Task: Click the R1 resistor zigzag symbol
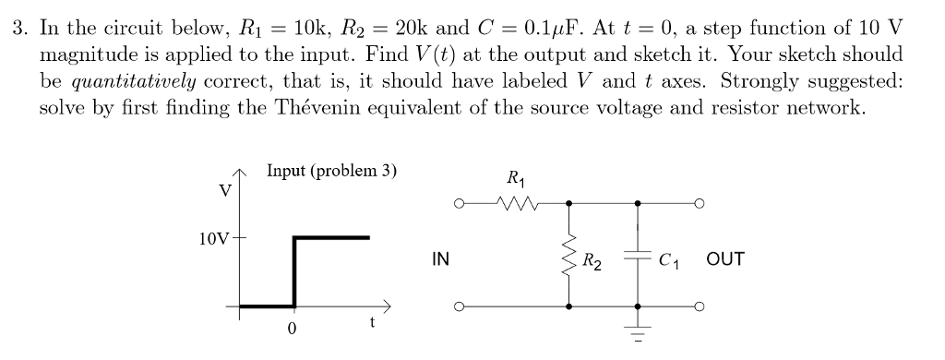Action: [509, 202]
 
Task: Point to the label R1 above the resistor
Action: [514, 178]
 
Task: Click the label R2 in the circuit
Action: [592, 260]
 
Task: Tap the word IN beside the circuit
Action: [440, 260]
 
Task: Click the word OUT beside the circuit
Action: [724, 260]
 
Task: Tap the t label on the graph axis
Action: [371, 322]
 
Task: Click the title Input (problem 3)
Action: [331, 170]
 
